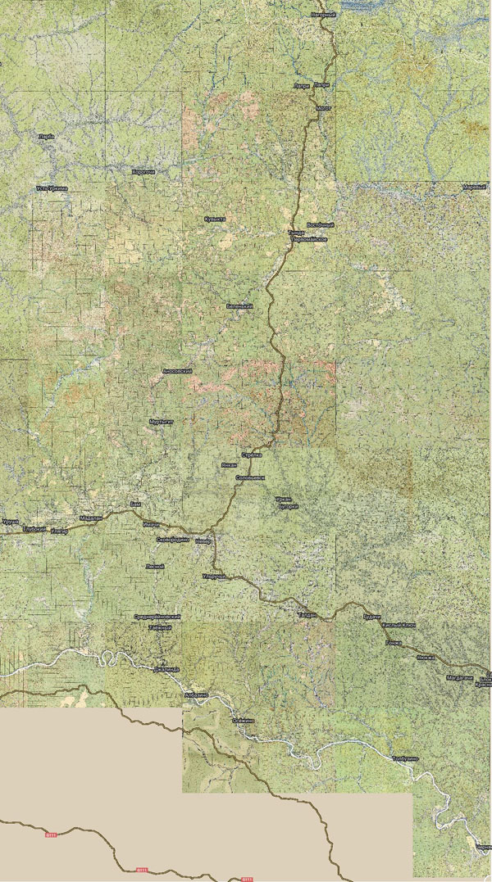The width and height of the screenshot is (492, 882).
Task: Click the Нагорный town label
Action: click(324, 15)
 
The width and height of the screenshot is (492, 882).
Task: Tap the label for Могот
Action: click(321, 107)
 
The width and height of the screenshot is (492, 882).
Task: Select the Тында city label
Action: click(296, 233)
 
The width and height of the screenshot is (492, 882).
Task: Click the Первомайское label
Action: click(312, 238)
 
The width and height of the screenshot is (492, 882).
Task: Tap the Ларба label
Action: click(47, 136)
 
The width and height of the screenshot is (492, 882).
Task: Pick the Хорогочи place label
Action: click(143, 172)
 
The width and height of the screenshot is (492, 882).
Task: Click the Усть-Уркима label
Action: click(52, 188)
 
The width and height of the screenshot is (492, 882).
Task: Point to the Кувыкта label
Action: click(215, 219)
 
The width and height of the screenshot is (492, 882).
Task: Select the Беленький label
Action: click(238, 305)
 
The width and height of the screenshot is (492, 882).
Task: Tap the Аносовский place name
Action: click(177, 371)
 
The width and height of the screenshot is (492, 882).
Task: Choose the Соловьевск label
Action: click(250, 477)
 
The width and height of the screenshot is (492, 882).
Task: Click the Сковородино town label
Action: click(172, 540)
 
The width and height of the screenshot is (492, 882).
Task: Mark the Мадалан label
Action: click(91, 518)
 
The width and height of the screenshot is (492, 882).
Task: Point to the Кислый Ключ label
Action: click(399, 626)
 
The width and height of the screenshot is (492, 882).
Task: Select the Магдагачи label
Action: click(459, 678)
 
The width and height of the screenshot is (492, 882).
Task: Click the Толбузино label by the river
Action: click(405, 759)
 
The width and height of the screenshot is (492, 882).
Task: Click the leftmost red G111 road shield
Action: click(51, 835)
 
